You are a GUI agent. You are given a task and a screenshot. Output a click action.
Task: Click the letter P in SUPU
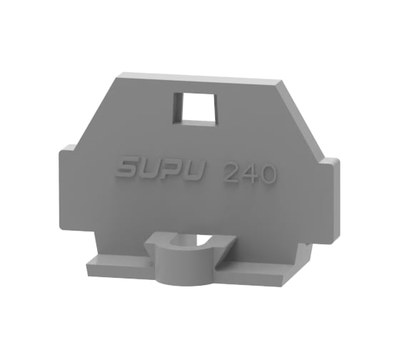(x=173, y=171)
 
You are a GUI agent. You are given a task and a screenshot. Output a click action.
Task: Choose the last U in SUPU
(x=195, y=172)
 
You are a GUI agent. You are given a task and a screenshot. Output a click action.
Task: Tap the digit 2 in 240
(x=231, y=174)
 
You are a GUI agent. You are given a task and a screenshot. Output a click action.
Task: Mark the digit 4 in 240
(x=249, y=174)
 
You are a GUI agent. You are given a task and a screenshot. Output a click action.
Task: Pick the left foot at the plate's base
(x=114, y=270)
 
